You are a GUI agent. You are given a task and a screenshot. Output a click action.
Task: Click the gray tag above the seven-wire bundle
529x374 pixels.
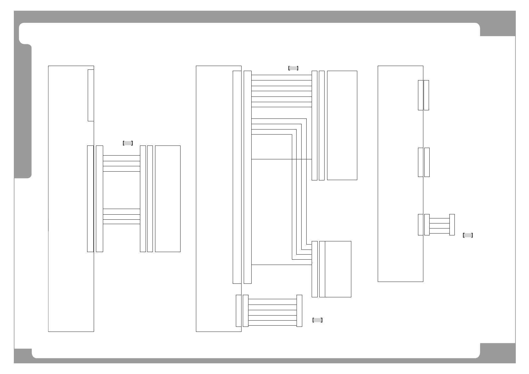[x=293, y=68]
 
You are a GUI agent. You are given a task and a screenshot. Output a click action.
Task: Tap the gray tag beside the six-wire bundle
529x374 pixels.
[x=317, y=320]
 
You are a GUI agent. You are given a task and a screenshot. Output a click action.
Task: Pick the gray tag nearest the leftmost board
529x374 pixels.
[x=128, y=143]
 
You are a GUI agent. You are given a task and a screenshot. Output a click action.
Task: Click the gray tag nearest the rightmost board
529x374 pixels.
[x=468, y=235]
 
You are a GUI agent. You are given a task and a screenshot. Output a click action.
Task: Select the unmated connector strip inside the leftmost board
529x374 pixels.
[x=91, y=95]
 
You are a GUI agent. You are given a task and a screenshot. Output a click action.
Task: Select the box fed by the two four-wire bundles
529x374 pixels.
[x=168, y=199]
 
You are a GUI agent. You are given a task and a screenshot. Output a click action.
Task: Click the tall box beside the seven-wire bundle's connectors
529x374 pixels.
[x=342, y=125]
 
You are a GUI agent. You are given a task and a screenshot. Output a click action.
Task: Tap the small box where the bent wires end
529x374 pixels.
[x=338, y=269]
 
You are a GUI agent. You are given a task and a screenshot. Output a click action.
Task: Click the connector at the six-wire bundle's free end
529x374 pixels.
[x=299, y=311]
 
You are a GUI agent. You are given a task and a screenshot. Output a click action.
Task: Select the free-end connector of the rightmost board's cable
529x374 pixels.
[x=452, y=225]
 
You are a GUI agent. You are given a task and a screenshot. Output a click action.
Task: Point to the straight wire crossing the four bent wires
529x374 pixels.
[x=281, y=159]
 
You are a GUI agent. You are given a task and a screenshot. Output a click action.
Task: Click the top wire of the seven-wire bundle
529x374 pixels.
[x=281, y=75]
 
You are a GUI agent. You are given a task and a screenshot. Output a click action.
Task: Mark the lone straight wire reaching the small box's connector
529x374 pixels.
[x=281, y=265]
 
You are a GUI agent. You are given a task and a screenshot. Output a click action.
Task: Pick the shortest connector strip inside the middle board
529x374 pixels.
[x=238, y=311]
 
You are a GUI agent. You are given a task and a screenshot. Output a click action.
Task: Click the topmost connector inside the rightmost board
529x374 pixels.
[x=420, y=95]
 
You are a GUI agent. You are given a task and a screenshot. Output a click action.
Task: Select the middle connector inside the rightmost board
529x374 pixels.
[x=420, y=162]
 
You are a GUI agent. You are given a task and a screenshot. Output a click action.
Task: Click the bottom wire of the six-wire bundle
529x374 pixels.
[x=272, y=325]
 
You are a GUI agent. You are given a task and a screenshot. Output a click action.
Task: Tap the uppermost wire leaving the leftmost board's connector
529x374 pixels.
[x=121, y=155]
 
